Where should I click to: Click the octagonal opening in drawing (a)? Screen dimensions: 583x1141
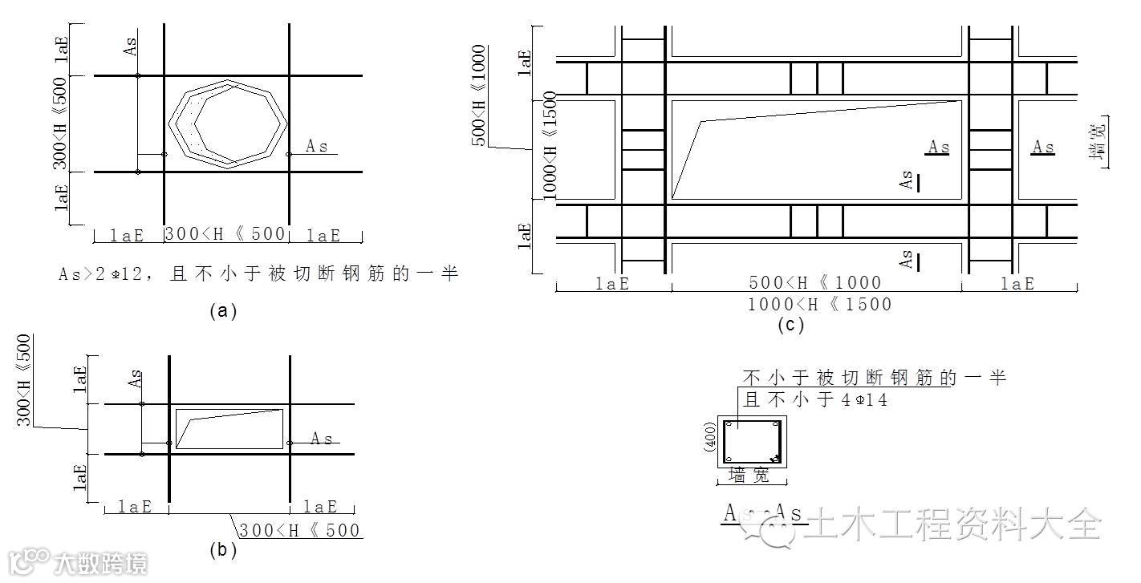[x=227, y=123]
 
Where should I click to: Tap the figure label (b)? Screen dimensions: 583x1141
[x=222, y=551]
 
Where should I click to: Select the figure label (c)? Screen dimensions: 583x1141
[x=790, y=325]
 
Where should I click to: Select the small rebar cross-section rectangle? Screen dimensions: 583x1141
[x=752, y=442]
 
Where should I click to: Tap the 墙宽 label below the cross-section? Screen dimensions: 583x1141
[x=749, y=476]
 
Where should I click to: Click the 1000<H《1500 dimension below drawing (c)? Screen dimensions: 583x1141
[x=819, y=305]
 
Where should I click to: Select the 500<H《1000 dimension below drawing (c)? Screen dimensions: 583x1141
[x=815, y=283]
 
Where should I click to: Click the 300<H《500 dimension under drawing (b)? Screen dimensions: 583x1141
[x=299, y=530]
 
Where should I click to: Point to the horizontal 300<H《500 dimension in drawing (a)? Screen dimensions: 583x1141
[x=225, y=235]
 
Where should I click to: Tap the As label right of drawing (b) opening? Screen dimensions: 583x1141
[x=322, y=439]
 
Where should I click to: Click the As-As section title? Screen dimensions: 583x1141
[x=765, y=513]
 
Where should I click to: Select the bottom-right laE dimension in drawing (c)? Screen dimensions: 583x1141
[x=1017, y=284]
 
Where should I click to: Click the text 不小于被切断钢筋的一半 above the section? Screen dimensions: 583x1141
[x=875, y=377]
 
